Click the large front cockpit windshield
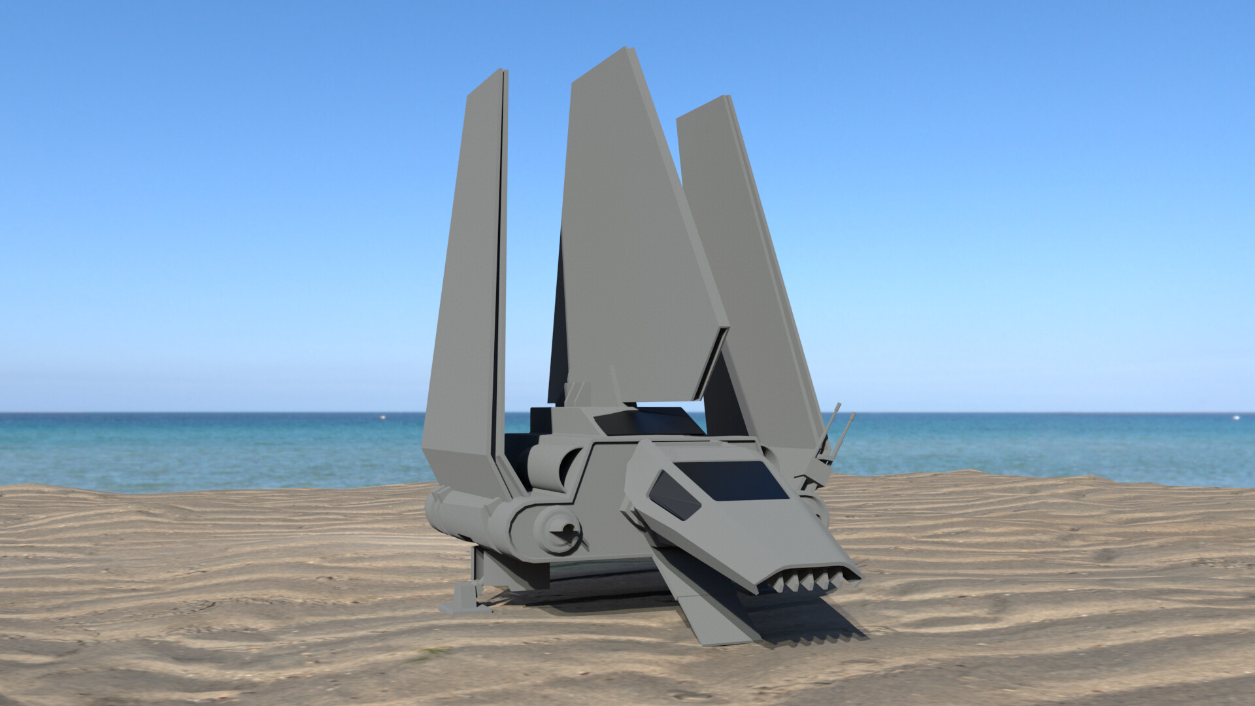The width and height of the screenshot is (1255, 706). coord(730,480)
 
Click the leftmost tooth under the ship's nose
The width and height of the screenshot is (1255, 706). coord(778,584)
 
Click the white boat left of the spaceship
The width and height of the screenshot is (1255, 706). coord(381,416)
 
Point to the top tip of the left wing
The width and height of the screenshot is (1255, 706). coord(502,71)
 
